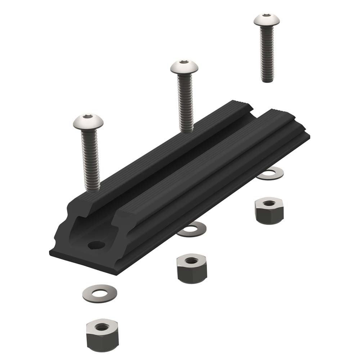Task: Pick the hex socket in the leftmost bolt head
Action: point(88,117)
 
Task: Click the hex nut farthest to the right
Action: point(269,210)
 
